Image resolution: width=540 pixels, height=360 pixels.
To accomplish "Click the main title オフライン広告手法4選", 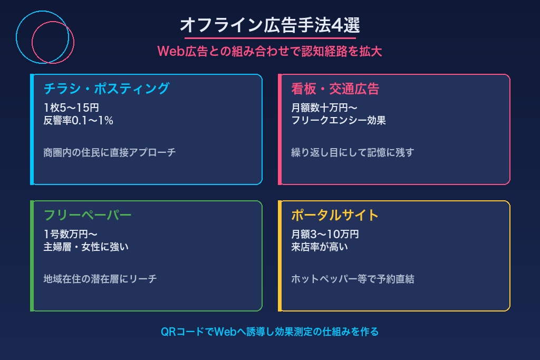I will (270, 25).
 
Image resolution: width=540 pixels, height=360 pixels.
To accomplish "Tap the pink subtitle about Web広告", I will (269, 52).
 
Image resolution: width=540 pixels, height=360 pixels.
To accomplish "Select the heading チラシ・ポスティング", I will (106, 89).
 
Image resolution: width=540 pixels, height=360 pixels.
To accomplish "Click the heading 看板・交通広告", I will (335, 89).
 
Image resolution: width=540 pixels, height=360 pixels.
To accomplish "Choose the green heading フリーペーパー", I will (87, 215).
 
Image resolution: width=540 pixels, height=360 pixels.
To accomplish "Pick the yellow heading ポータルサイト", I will (335, 215).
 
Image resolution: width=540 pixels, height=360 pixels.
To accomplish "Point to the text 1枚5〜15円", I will (71, 108).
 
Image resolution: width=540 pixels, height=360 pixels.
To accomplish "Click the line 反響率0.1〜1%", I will (79, 120).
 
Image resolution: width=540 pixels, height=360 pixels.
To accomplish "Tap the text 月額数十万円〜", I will (324, 108).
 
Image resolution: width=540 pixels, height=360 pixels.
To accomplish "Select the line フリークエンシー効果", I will (339, 120).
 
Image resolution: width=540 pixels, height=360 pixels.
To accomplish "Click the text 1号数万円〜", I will (70, 235).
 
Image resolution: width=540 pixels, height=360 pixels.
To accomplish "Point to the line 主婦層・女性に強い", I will (86, 247).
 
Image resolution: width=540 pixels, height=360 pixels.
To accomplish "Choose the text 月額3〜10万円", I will (325, 235).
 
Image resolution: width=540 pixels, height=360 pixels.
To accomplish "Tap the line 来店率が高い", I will (320, 247).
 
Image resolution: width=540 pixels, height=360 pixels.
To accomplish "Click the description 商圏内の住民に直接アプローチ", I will (109, 153).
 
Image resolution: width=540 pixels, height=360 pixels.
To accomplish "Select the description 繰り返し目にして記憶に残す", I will (352, 153).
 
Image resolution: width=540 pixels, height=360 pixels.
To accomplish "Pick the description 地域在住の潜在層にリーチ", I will (100, 279).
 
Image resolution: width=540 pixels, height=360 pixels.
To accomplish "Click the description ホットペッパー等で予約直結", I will (352, 279).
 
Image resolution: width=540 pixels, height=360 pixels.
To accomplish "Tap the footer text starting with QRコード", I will (269, 332).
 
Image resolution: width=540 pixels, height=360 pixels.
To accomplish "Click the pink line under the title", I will (270, 38).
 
